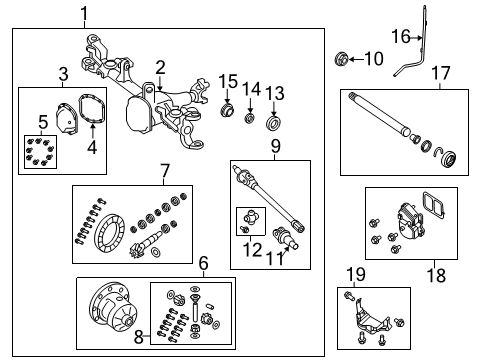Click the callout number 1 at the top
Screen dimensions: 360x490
click(x=84, y=13)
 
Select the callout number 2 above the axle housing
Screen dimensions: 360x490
click(x=160, y=67)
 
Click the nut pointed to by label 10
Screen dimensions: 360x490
click(x=342, y=59)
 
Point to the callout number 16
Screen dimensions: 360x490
click(x=398, y=37)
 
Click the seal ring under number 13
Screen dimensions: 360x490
click(x=273, y=123)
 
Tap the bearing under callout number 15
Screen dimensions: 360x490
click(x=228, y=110)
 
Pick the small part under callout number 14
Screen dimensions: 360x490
click(x=250, y=118)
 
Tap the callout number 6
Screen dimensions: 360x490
click(x=203, y=263)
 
